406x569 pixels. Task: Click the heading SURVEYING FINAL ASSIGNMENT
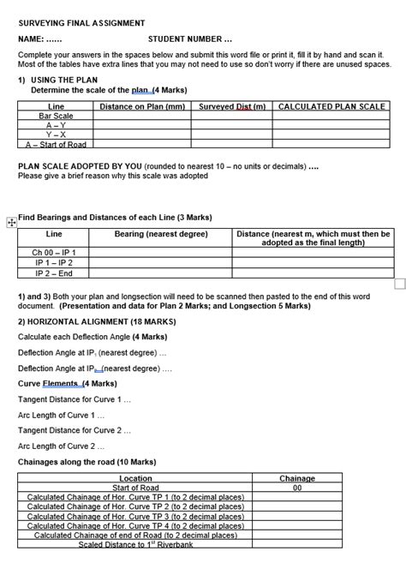coord(81,23)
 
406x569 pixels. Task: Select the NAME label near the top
coord(40,39)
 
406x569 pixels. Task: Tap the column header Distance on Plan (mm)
coord(142,106)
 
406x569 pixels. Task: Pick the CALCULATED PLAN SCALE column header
coord(332,106)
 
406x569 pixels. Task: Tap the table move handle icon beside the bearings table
coord(11,223)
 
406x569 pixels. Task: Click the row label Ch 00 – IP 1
coord(54,253)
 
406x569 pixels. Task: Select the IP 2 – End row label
coord(54,273)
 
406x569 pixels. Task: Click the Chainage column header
coord(297,478)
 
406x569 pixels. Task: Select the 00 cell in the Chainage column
coord(297,488)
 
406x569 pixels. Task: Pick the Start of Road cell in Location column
coord(136,488)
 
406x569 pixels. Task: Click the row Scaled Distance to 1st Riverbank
coord(136,544)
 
